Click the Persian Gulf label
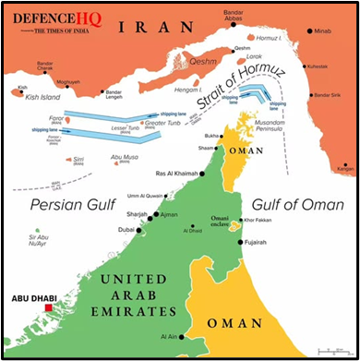(x=68, y=205)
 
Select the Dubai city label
(x=126, y=229)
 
